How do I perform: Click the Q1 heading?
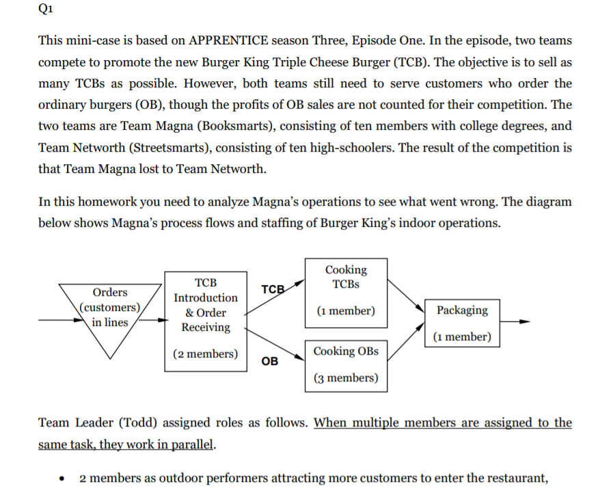(46, 11)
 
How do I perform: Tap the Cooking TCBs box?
(346, 290)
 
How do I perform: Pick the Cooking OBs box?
(346, 365)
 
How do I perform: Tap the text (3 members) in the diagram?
(346, 378)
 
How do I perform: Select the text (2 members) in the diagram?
(206, 354)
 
